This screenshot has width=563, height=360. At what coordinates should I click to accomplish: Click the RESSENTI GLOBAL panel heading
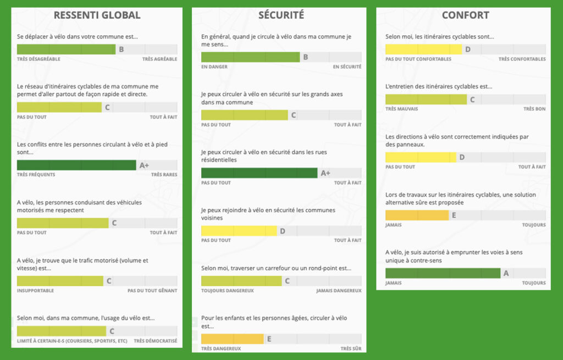coord(97,15)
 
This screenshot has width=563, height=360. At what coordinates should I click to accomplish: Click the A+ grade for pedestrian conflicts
coord(144,165)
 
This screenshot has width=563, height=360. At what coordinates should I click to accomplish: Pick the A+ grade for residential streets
coord(325,173)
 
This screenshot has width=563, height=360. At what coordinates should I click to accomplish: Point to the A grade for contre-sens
coord(506,273)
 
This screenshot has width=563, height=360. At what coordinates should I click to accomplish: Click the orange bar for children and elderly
coord(233,339)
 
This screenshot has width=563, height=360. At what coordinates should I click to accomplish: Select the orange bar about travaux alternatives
coord(417,215)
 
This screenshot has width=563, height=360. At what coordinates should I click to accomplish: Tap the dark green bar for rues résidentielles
coord(259,173)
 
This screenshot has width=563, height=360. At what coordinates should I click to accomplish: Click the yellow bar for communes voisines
coord(239,231)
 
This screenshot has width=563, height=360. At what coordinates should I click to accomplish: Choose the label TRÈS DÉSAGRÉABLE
coord(36,59)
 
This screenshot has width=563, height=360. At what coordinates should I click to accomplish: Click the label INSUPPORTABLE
coord(35,290)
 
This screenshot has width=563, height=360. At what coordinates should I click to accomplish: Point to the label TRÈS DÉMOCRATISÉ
coord(155,341)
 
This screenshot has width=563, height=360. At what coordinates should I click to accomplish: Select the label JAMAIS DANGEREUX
coord(339,291)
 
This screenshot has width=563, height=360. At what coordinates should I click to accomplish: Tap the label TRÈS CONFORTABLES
coord(522,59)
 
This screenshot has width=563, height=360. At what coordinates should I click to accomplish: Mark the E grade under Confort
coord(454,215)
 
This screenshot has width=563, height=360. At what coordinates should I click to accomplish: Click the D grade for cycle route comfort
coord(468,49)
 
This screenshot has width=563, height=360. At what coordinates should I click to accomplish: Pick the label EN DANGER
coord(214,67)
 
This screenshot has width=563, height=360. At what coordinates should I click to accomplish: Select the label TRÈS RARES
coord(164,174)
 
